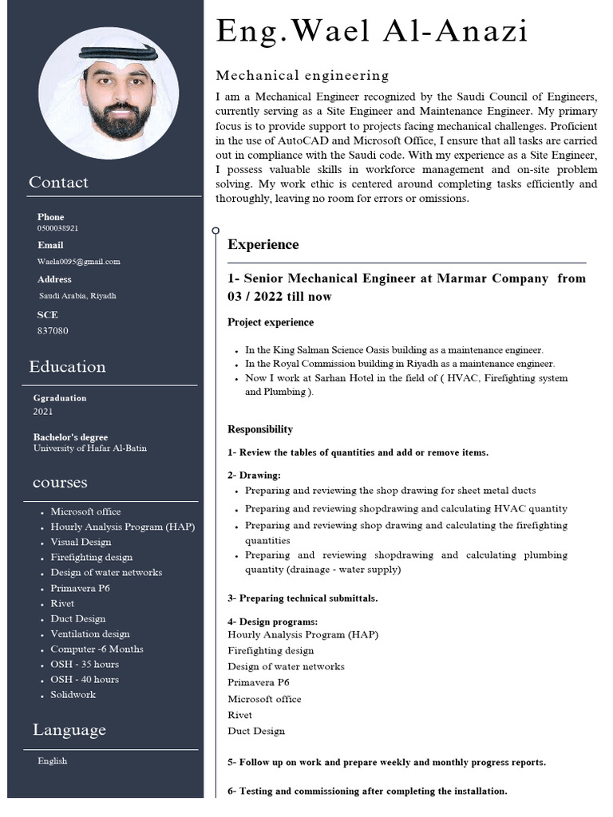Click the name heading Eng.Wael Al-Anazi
click(372, 32)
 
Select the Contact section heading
click(58, 182)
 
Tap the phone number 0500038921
click(57, 228)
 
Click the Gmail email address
click(78, 262)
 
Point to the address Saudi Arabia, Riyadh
click(77, 295)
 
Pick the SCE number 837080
click(53, 330)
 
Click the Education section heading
click(67, 367)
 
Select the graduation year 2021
click(43, 412)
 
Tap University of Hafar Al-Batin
click(89, 448)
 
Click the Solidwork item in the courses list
click(73, 695)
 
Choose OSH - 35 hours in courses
click(85, 665)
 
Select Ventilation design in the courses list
click(89, 634)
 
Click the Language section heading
click(69, 730)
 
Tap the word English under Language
click(53, 761)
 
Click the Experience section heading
click(263, 245)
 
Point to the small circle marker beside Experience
click(216, 231)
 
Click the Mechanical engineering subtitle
click(303, 76)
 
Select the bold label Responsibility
click(260, 429)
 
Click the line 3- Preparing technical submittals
click(303, 598)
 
